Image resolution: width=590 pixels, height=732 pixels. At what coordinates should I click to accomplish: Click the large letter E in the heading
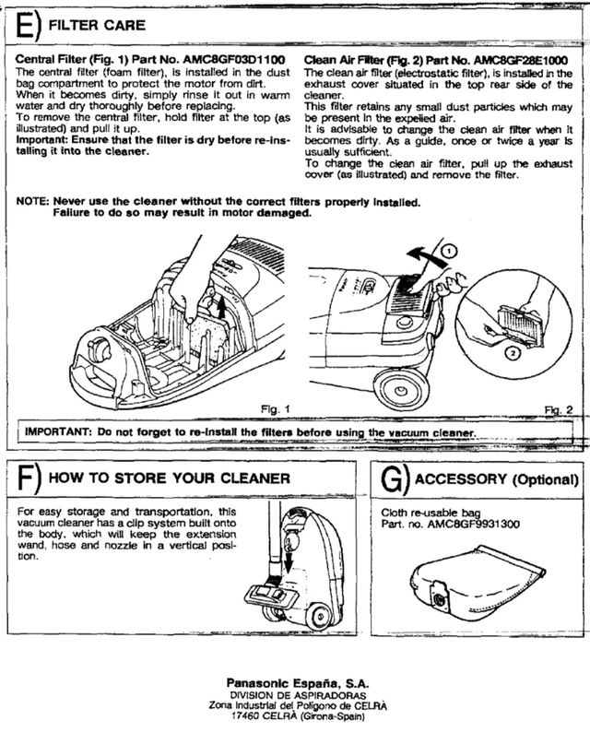click(26, 24)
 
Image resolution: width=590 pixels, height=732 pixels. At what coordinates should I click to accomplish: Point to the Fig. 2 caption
click(559, 407)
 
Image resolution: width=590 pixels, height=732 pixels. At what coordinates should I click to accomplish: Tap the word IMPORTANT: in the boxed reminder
click(57, 431)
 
